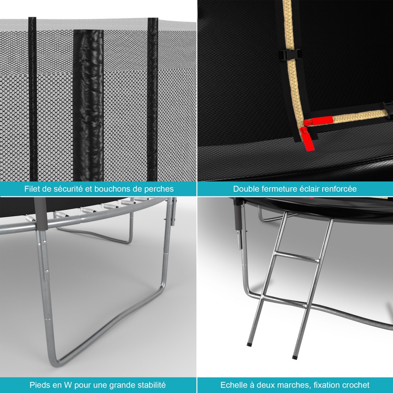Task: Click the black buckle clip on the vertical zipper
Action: point(290,55)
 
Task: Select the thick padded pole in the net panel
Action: point(88,105)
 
